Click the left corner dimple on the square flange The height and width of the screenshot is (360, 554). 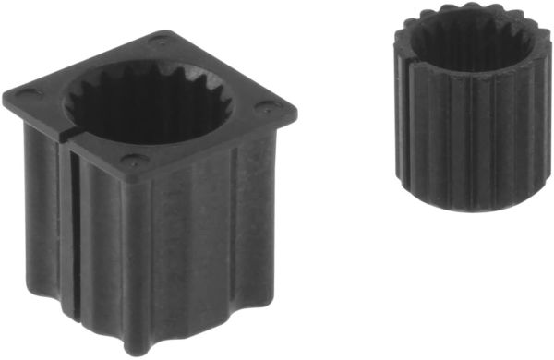click(25, 93)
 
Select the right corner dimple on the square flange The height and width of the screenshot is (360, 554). click(274, 105)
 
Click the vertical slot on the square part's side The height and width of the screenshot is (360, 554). click(71, 240)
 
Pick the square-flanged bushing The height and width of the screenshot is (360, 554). click(148, 185)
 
